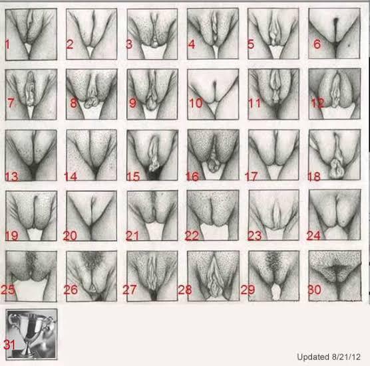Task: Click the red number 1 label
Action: pos(7,44)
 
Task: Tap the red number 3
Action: pos(129,44)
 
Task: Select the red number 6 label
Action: pos(317,44)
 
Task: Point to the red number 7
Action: pos(11,103)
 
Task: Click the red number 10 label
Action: pos(196,103)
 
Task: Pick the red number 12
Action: pos(317,103)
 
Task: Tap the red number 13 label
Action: pos(11,177)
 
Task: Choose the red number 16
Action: pos(192,177)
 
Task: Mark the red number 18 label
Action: pos(314,177)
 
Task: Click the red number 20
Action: pos(70,236)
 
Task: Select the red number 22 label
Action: pos(192,236)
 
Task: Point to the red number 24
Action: pos(313,236)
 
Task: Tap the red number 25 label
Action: pos(8,290)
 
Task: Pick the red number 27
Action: pos(130,290)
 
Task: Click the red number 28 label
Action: pos(185,290)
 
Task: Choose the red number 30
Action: pos(315,290)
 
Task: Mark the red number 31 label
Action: pos(9,345)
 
